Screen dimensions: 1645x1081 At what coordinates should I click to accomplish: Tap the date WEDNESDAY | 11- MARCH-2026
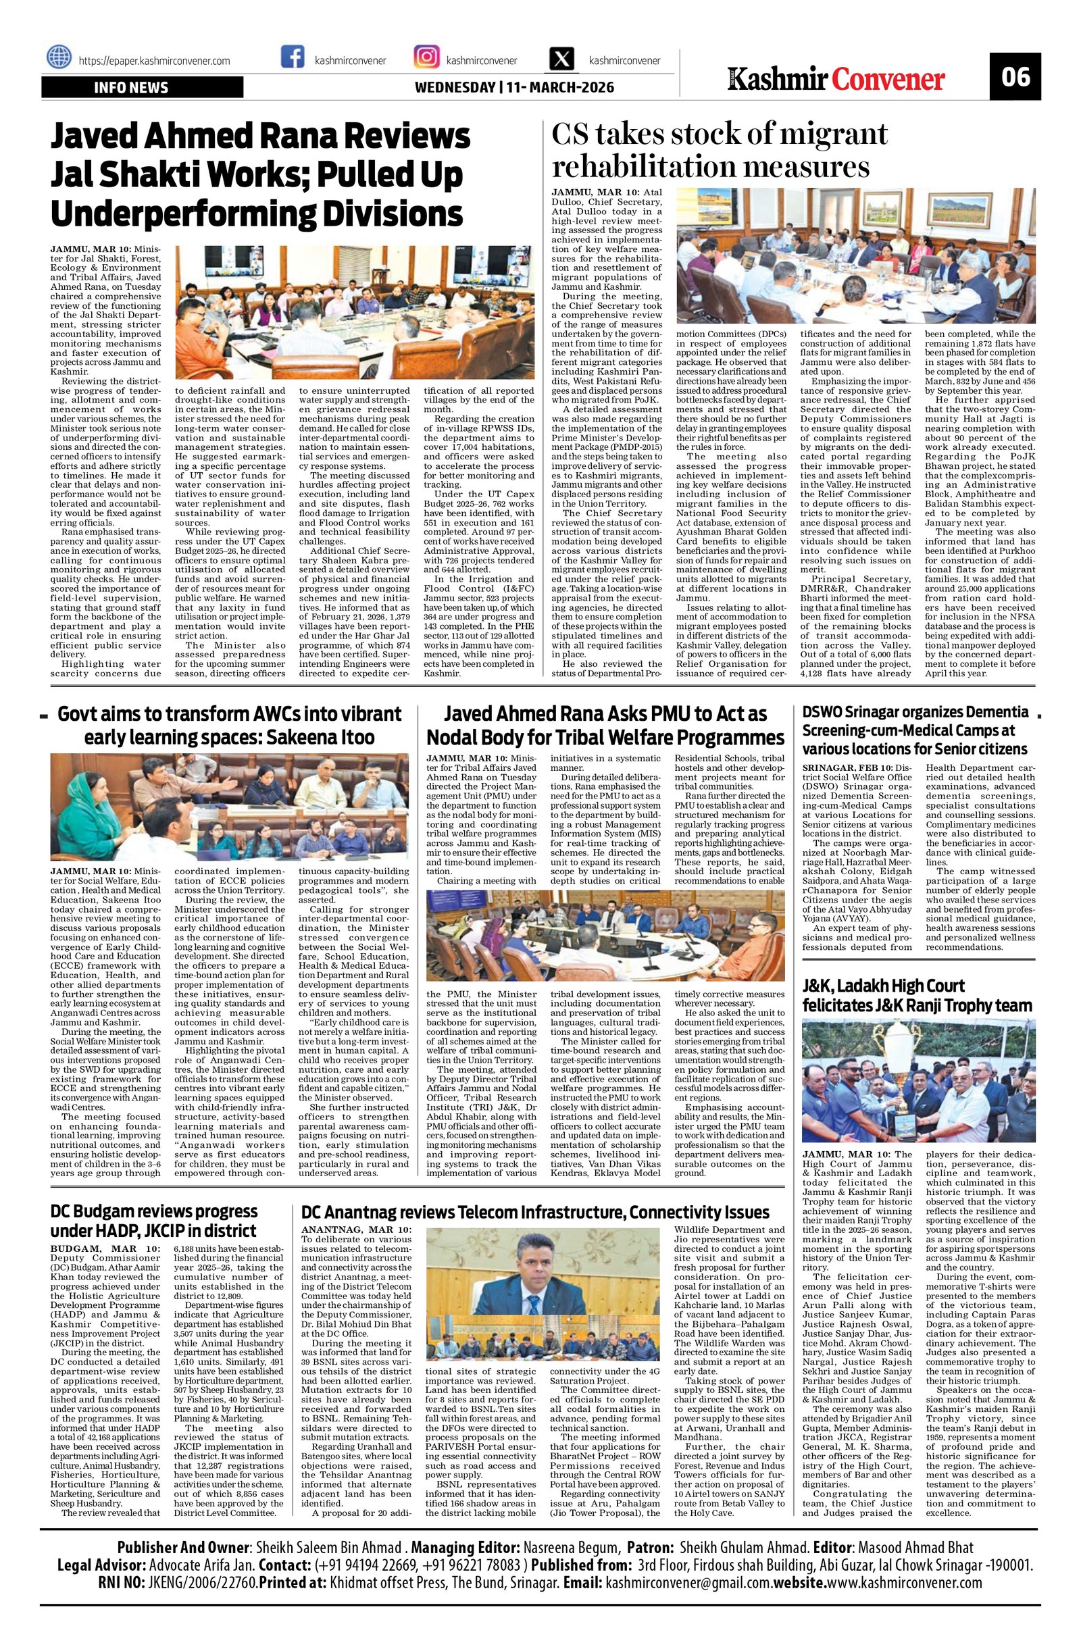[513, 88]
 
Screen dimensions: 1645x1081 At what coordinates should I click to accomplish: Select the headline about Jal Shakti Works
[260, 175]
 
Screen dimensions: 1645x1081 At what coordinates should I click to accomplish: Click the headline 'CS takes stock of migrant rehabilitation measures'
[719, 150]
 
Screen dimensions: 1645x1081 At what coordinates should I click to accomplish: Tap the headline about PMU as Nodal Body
[605, 726]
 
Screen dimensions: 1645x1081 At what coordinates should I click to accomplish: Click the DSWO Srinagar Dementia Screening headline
[915, 730]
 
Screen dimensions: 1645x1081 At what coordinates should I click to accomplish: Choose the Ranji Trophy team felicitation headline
[917, 995]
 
